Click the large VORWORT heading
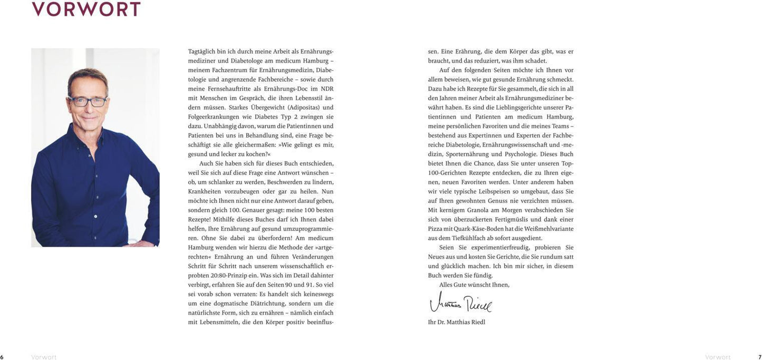[x=86, y=9]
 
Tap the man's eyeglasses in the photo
[x=88, y=100]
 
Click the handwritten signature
[x=460, y=303]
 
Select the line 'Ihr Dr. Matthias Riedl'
[x=457, y=322]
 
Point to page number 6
[x=2, y=357]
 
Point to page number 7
[x=760, y=357]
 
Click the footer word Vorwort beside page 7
[x=718, y=357]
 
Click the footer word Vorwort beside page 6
[x=44, y=357]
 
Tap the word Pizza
[x=437, y=229]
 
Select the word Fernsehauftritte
[x=233, y=89]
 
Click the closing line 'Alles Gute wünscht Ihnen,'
[x=474, y=285]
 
